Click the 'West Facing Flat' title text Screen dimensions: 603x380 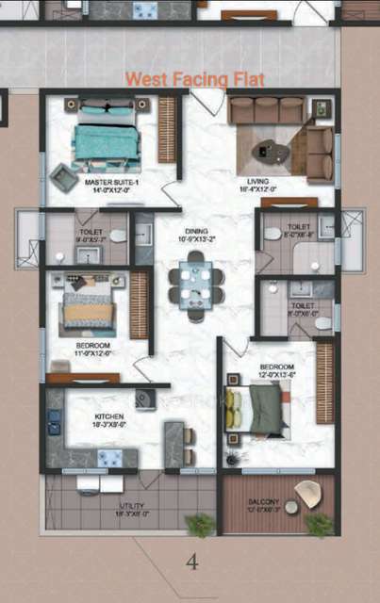pyautogui.click(x=195, y=79)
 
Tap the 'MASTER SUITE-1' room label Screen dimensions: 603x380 pyautogui.click(x=111, y=181)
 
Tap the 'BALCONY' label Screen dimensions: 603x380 pyautogui.click(x=264, y=501)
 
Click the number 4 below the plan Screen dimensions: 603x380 pyautogui.click(x=192, y=562)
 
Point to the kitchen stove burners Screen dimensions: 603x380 pyautogui.click(x=109, y=458)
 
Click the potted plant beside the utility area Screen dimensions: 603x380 pyautogui.click(x=200, y=524)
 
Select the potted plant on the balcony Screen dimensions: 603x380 pyautogui.click(x=321, y=525)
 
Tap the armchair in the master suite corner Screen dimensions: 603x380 pyautogui.click(x=64, y=176)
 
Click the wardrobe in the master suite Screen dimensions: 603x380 pyautogui.click(x=167, y=129)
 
